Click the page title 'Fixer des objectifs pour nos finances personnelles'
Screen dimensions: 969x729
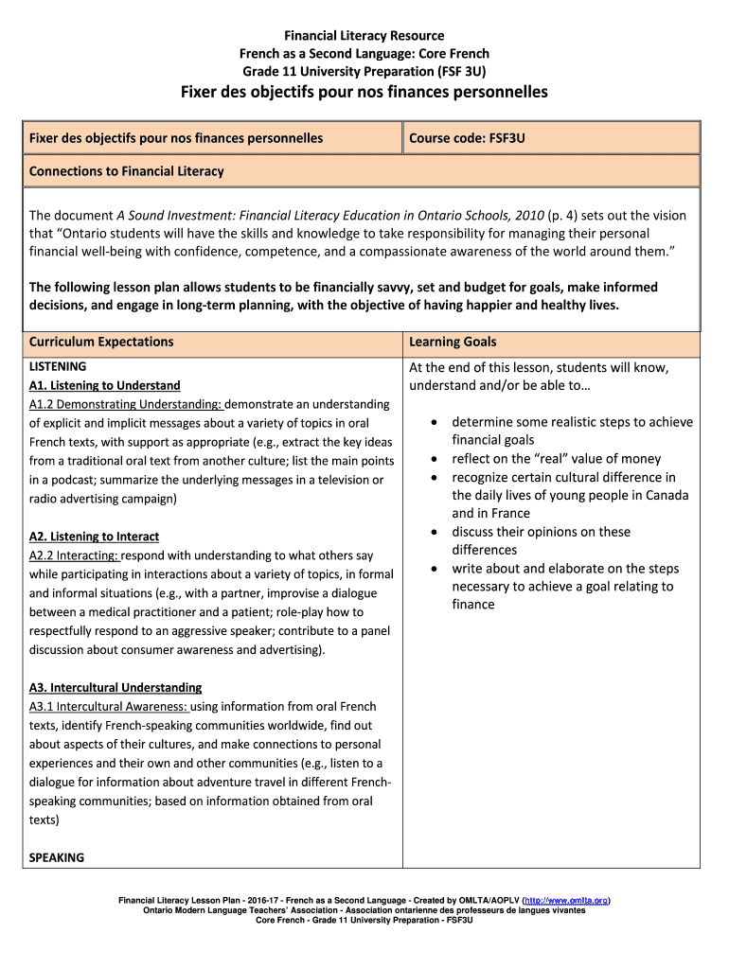coord(364,93)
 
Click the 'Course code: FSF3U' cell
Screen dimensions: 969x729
coord(467,138)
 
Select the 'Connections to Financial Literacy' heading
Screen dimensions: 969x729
coord(127,171)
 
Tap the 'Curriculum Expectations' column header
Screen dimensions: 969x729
coord(101,342)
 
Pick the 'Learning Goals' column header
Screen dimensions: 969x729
coord(453,342)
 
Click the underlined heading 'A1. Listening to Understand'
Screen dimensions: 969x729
coord(104,385)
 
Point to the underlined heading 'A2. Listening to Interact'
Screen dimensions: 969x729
coord(94,537)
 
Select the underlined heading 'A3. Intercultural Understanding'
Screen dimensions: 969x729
coord(116,688)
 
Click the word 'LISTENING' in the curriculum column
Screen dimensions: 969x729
coord(58,366)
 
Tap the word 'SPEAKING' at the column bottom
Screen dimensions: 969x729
coord(57,857)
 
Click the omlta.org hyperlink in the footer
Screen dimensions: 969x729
coord(566,900)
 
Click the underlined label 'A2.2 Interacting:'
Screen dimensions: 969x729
coord(74,555)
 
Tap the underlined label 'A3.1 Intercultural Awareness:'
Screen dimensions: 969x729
coord(109,707)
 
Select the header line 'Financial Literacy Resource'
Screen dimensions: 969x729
coord(364,36)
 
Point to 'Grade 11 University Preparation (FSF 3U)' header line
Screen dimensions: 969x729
coord(364,71)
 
